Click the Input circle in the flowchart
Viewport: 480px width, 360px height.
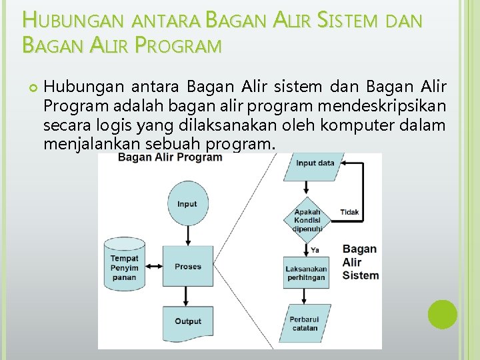187,204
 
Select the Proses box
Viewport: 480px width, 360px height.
188,267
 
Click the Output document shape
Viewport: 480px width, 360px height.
188,321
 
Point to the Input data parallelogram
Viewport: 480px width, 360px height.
315,164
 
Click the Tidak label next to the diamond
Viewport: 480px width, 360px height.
349,212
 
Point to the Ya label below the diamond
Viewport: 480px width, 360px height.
315,249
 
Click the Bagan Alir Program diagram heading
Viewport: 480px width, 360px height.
170,158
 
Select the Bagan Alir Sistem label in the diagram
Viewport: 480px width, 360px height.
360,262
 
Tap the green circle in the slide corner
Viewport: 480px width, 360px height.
443,314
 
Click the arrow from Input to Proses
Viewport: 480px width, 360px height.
188,233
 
